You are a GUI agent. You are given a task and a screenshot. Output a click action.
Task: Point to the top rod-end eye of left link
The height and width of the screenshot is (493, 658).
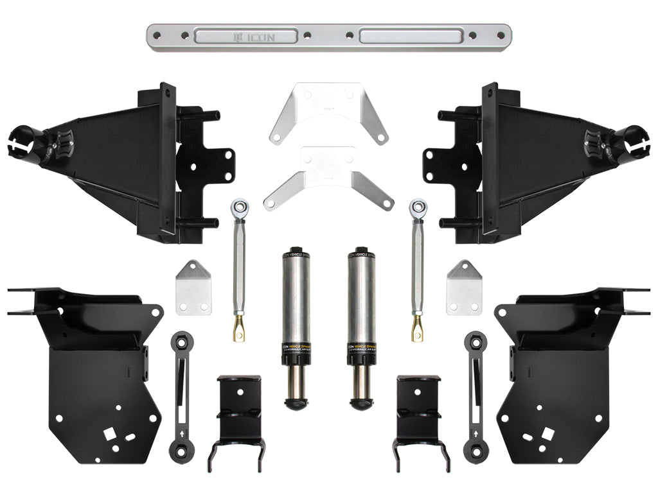pos(238,207)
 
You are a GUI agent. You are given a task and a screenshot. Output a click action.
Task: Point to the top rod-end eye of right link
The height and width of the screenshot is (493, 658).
pos(418,207)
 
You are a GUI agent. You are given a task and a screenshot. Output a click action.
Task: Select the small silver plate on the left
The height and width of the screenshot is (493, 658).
pos(193,289)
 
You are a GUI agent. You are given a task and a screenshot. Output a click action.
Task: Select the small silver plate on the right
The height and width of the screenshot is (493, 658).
pos(464,289)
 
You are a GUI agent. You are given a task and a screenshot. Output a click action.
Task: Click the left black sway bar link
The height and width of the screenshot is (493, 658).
pos(182,395)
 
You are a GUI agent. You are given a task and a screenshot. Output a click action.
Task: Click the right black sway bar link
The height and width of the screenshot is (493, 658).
pos(475,395)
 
